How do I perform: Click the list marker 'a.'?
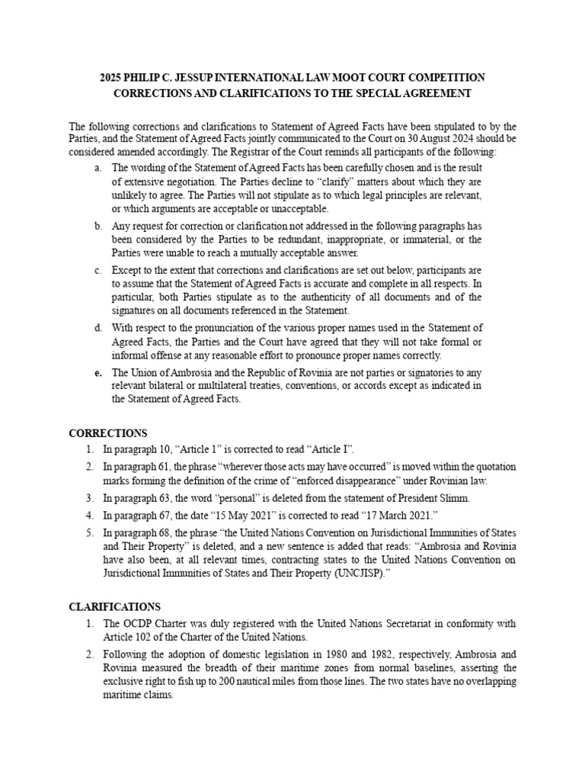pyautogui.click(x=98, y=168)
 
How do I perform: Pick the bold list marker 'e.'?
pyautogui.click(x=98, y=373)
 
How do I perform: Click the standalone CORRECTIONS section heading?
pyautogui.click(x=108, y=433)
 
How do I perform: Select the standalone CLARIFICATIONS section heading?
pyautogui.click(x=115, y=606)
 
